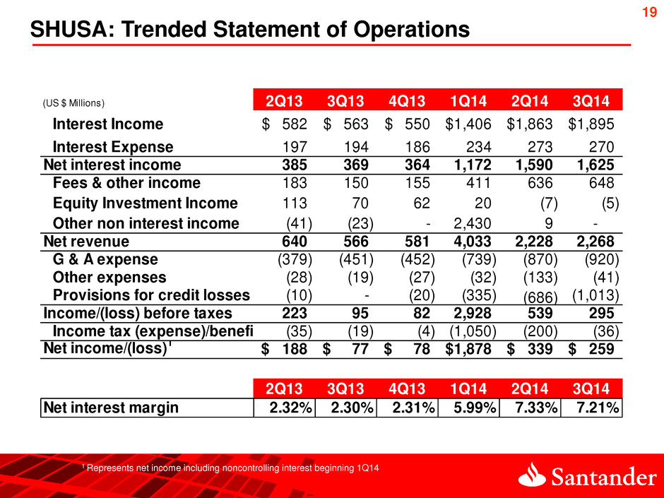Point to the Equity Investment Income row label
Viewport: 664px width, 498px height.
(146, 203)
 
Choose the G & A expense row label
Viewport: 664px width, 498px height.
(106, 259)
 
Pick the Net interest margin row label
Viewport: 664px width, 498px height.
(111, 408)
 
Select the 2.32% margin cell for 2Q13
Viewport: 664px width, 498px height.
(286, 408)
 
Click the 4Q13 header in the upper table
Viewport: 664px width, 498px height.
(408, 100)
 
